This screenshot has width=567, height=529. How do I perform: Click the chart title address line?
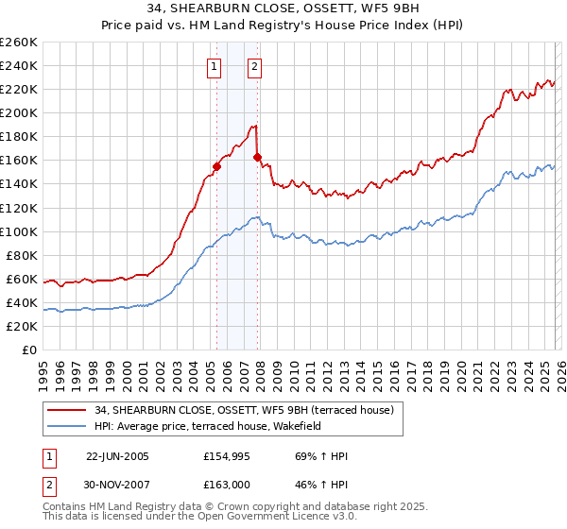[283, 7]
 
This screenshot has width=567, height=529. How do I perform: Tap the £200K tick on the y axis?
[18, 112]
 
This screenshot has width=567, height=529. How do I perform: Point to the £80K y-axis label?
[21, 255]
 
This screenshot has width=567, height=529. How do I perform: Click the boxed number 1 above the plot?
[215, 66]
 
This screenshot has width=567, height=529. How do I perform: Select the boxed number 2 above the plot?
[255, 66]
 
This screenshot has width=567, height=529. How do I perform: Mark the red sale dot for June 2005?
[216, 166]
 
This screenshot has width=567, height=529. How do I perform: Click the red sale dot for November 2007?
[257, 157]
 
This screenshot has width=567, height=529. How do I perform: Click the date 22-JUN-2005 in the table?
[117, 456]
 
